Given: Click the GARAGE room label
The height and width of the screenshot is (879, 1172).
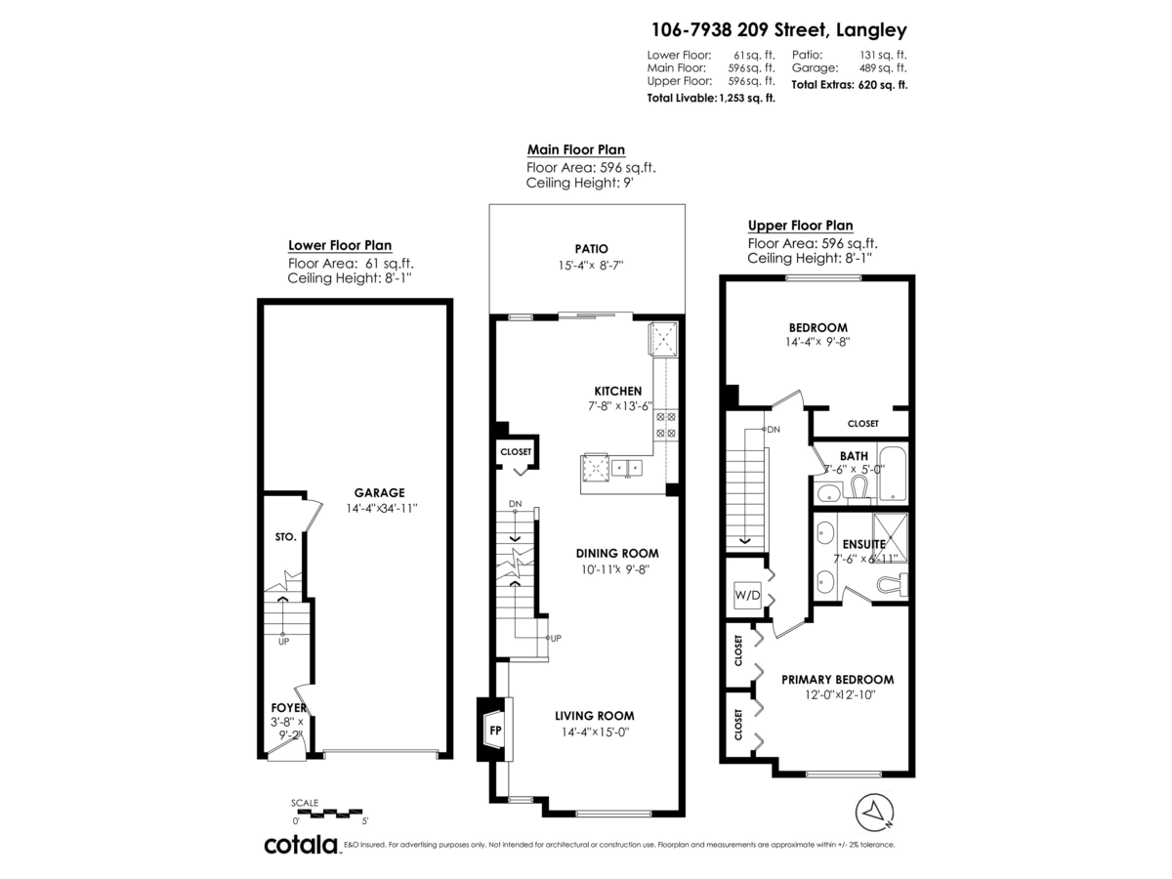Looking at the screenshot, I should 380,493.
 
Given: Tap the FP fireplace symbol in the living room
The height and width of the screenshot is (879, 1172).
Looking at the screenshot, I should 495,729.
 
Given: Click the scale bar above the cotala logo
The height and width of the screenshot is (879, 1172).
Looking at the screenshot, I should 327,812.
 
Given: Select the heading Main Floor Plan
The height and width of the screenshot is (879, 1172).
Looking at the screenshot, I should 576,149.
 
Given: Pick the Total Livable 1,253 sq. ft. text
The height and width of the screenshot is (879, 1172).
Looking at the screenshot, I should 711,99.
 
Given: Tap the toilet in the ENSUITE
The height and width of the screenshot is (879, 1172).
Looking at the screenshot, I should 891,585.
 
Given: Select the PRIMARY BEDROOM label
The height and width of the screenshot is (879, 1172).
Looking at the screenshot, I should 837,680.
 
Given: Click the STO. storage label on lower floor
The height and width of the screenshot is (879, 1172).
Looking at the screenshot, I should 285,537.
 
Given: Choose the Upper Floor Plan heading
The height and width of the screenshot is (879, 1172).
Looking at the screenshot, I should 800,226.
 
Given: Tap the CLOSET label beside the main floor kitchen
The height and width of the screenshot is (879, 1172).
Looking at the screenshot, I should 516,452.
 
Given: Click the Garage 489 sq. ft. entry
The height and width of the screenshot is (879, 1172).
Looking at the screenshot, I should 849,68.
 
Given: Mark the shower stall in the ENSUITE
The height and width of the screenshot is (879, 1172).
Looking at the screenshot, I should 890,536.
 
